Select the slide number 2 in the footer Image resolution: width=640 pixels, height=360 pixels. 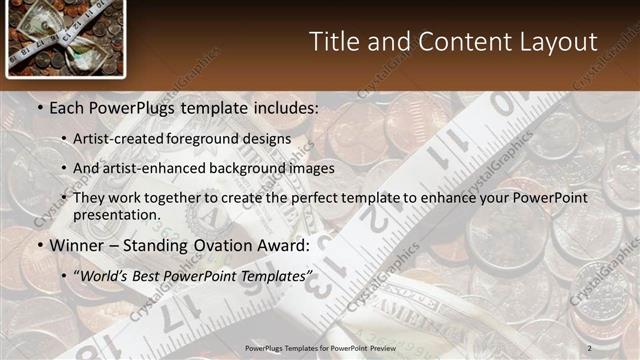click(x=589, y=347)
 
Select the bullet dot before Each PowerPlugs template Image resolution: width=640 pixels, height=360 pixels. click(x=39, y=106)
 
